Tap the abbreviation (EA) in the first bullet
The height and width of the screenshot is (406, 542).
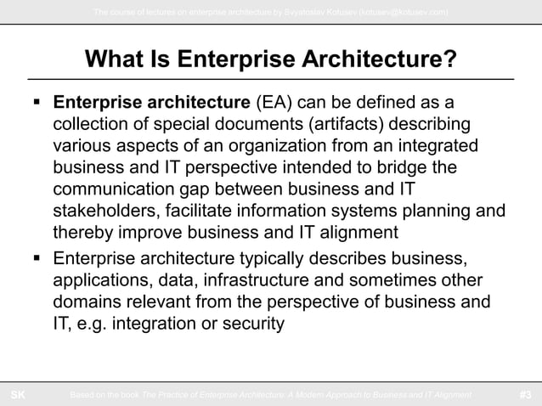tap(272, 104)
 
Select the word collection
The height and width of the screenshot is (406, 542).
tap(91, 125)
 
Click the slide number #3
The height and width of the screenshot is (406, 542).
tap(526, 394)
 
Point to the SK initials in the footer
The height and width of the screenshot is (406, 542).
tap(17, 394)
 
